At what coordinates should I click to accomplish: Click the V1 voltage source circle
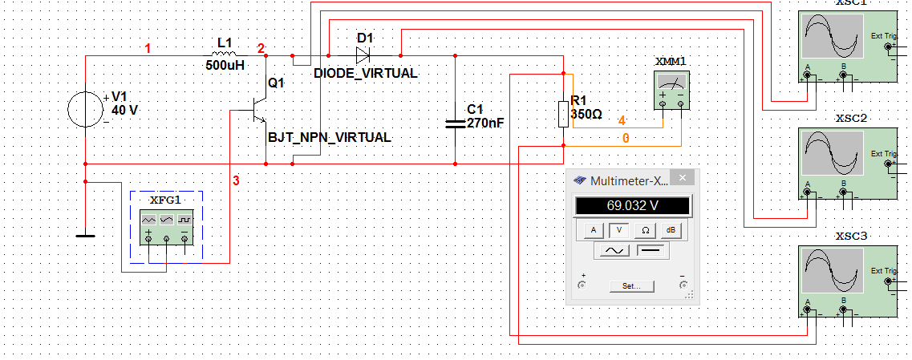(85, 109)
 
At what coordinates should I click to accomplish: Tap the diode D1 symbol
(363, 55)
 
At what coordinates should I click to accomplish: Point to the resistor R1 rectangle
(564, 114)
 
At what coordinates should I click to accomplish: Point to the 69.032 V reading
(632, 206)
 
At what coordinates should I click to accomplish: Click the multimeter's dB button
(671, 230)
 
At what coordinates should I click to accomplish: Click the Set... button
(632, 285)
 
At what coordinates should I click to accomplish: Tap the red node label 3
(236, 181)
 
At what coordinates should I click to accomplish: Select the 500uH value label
(225, 66)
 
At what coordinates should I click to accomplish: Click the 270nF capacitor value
(484, 123)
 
